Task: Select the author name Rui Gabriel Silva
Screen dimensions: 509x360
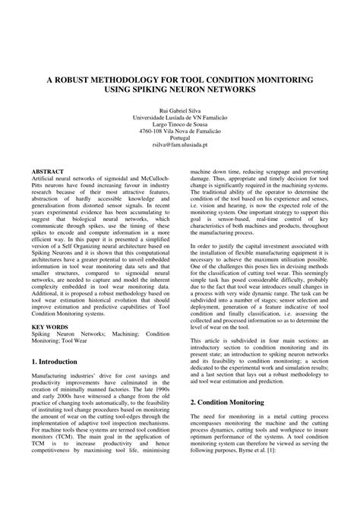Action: pos(180,110)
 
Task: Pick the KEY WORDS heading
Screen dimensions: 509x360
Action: pos(51,325)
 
